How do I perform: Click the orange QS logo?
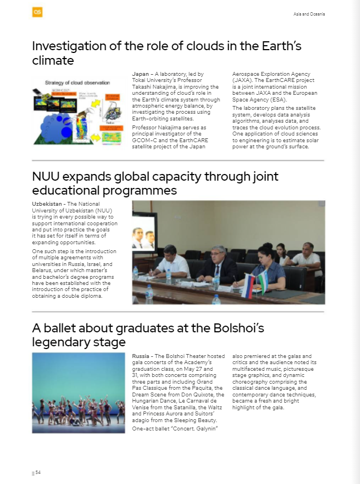coord(37,12)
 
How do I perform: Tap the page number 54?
coord(38,472)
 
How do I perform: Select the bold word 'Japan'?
coord(140,74)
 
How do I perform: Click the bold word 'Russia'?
coord(142,356)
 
